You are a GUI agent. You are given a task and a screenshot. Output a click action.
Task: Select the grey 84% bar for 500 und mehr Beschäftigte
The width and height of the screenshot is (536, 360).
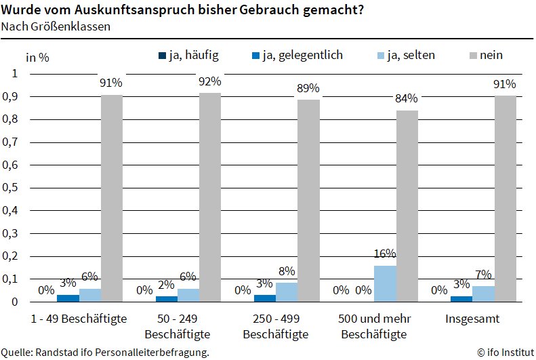pos(407,206)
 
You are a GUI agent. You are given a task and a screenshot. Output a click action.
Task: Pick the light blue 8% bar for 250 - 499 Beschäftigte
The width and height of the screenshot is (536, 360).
pos(287,292)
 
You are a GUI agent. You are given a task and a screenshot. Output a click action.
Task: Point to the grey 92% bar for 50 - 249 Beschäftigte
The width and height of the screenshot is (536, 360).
pos(210,197)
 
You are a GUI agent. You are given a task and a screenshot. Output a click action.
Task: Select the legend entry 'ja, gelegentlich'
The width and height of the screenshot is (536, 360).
pos(301,55)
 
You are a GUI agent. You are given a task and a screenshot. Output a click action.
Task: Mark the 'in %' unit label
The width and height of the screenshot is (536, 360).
pos(37,57)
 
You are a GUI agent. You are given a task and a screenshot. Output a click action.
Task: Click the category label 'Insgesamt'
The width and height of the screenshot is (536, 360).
pos(472,318)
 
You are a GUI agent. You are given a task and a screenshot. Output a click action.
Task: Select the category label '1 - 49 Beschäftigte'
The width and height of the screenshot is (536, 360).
pos(79,318)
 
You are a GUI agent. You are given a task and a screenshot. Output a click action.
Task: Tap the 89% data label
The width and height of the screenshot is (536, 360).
pos(308,88)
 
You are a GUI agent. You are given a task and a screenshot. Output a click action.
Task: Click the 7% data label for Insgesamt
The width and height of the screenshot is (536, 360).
pos(483,275)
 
